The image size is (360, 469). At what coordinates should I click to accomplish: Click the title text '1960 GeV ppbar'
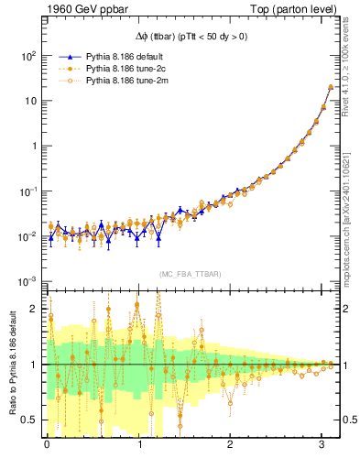pyautogui.click(x=81, y=10)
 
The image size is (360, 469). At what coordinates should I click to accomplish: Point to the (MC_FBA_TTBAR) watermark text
pyautogui.click(x=190, y=274)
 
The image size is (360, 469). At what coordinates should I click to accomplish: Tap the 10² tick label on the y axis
pyautogui.click(x=28, y=55)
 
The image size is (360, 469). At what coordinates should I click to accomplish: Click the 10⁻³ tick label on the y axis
pyautogui.click(x=28, y=281)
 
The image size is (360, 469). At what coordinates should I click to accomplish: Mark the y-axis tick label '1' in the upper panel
pyautogui.click(x=33, y=146)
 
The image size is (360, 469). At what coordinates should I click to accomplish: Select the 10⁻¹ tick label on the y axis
pyautogui.click(x=28, y=191)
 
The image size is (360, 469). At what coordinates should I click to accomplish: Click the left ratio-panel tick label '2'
pyautogui.click(x=35, y=309)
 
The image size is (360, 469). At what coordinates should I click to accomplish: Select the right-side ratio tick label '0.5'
pyautogui.click(x=349, y=420)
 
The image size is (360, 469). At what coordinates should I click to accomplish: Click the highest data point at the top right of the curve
pyautogui.click(x=330, y=87)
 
